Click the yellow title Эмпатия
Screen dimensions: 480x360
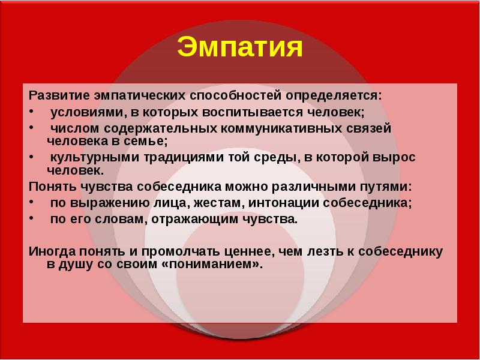239,47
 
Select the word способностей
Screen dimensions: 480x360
235,96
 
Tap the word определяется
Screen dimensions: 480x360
334,96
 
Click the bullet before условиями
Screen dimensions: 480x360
32,111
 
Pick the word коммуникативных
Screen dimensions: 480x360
281,128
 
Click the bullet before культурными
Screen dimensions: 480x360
32,156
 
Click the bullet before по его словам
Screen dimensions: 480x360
32,218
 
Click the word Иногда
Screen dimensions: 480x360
52,251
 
